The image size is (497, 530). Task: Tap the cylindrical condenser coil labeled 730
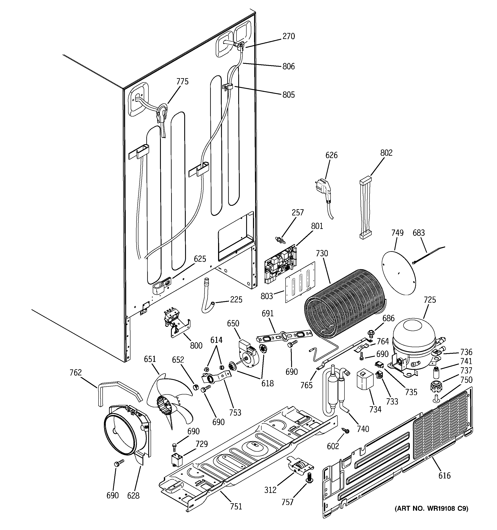(344, 301)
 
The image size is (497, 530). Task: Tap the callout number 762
(75, 372)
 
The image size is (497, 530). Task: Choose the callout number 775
(183, 81)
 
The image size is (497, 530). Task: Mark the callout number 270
(289, 36)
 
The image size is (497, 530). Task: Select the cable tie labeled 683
(427, 255)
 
